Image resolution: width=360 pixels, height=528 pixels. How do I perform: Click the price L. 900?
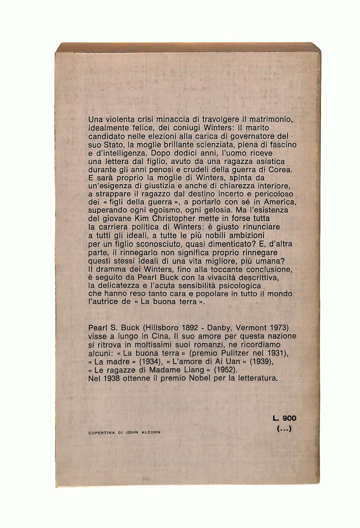[285, 418]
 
